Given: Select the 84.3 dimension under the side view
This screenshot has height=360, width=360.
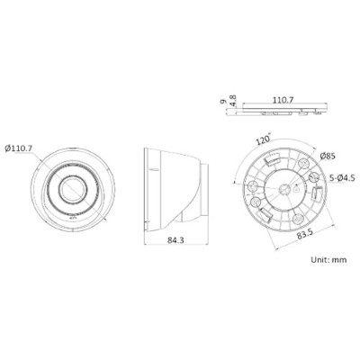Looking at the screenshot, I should pyautogui.click(x=176, y=239).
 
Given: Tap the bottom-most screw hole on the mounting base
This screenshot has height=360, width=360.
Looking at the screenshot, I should pyautogui.click(x=286, y=221).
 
